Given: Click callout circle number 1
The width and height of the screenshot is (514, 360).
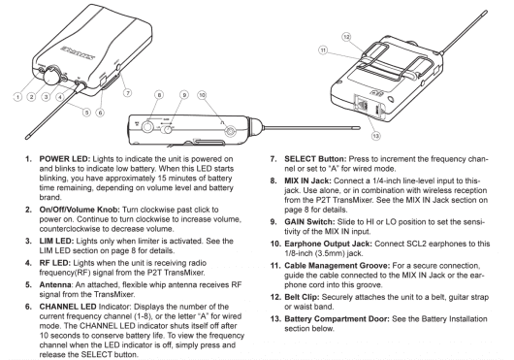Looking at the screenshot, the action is (x=17, y=97).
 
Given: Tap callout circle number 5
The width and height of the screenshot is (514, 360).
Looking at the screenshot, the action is (x=86, y=113).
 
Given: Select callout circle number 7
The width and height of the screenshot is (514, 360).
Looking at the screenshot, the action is (x=127, y=93).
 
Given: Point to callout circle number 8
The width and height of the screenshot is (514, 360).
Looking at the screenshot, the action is (x=159, y=95).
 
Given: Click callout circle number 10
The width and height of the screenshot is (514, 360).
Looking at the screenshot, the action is (x=202, y=95).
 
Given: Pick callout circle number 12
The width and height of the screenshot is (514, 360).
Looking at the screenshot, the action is (x=346, y=37).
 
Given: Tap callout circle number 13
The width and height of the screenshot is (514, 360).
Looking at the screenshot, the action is (x=375, y=136).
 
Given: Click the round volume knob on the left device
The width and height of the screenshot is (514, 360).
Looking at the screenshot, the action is (x=51, y=76).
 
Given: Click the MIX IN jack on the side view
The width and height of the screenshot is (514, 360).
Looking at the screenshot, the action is (x=147, y=126).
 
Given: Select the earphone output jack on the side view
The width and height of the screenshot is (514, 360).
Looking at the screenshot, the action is (x=231, y=130).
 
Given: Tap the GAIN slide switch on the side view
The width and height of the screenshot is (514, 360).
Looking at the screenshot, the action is (x=168, y=129).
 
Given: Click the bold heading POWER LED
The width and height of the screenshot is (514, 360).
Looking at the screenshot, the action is (x=65, y=159).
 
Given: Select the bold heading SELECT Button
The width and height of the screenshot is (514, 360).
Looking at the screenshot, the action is (x=315, y=159).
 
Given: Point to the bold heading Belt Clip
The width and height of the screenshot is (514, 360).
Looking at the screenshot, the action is (x=302, y=297).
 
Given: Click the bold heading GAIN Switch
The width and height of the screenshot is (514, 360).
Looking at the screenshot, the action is (x=309, y=222).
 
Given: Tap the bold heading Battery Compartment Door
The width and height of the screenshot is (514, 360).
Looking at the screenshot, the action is (x=337, y=319).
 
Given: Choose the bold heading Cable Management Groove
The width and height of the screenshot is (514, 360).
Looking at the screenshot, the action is (x=337, y=266).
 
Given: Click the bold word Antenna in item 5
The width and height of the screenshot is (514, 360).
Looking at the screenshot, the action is (x=55, y=285).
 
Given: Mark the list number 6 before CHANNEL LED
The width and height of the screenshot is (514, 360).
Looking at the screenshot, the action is (x=28, y=307).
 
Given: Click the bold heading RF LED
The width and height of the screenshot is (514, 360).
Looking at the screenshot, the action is (x=55, y=263).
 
